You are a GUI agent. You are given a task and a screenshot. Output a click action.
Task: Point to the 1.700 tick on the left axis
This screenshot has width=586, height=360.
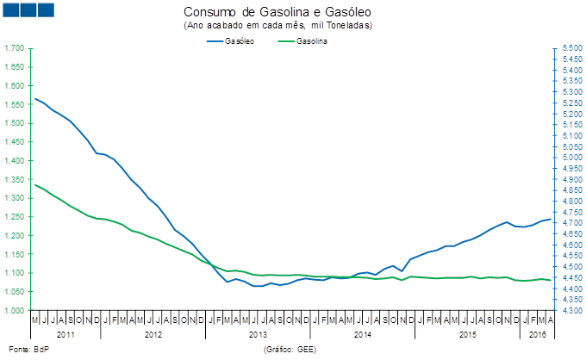click(16, 48)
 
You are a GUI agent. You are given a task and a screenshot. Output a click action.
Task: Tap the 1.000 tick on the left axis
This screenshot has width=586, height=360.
click(16, 310)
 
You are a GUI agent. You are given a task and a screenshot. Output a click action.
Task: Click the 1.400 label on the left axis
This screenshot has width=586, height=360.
click(16, 161)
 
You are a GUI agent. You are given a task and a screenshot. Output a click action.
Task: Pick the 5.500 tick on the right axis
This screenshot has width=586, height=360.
click(564, 48)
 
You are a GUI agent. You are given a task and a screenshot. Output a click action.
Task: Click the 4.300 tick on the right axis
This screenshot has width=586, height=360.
click(564, 310)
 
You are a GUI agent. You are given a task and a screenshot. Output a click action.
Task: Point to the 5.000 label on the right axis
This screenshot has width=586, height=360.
click(564, 158)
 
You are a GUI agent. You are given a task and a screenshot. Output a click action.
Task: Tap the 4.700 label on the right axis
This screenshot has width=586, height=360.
click(564, 223)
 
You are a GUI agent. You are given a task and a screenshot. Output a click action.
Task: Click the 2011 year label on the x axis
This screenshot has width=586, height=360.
click(65, 333)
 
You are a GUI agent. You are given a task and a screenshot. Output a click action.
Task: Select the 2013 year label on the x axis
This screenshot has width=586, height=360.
click(258, 333)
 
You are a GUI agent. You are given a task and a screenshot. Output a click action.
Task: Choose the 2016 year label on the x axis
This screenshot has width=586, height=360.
click(536, 333)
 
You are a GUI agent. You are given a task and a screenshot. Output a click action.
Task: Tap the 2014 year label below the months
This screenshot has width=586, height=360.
click(362, 333)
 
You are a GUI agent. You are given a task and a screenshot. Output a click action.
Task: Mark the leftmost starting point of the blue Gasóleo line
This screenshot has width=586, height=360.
click(34, 98)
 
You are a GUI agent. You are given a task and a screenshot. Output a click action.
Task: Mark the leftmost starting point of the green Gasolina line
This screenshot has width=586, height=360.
click(34, 184)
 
